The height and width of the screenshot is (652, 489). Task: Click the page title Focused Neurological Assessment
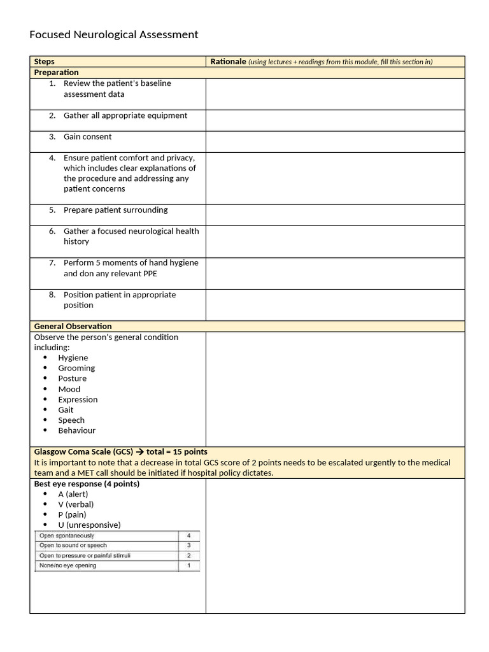click(114, 34)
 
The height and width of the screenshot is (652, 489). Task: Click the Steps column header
click(44, 62)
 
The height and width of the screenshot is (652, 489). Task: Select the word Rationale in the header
click(228, 62)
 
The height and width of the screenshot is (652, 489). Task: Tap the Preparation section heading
click(56, 73)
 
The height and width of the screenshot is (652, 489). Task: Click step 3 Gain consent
click(87, 137)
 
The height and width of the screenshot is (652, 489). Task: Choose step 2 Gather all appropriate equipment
click(125, 116)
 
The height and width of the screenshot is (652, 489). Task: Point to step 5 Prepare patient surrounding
click(115, 210)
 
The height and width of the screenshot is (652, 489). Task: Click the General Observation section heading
click(73, 326)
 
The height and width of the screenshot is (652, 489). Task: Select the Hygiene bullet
click(73, 358)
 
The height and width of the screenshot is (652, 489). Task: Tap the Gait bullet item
click(66, 410)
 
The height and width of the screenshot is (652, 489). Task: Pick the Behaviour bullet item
click(76, 430)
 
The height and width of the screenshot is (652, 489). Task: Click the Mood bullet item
click(69, 389)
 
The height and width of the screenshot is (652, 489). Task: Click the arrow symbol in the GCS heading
click(138, 451)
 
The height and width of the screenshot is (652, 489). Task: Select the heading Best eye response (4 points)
click(87, 484)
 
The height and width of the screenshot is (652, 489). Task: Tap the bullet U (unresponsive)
click(89, 525)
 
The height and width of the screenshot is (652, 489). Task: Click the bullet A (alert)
click(73, 494)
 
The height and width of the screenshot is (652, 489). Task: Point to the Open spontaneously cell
click(67, 535)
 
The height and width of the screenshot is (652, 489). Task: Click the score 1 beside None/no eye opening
click(188, 565)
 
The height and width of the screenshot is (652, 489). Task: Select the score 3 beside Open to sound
click(188, 546)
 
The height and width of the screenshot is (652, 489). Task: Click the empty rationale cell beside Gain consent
click(335, 141)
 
